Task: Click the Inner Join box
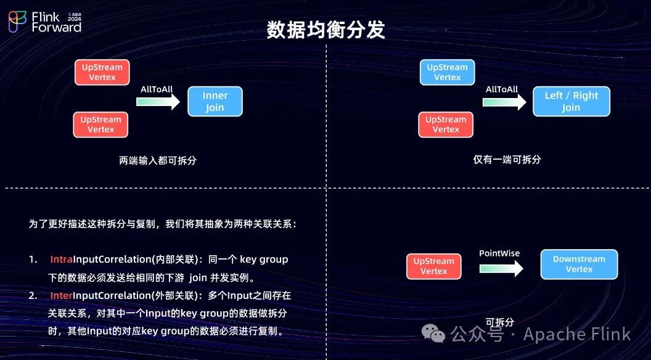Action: point(215,102)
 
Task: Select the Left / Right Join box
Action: point(571,102)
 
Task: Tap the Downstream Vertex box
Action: point(579,264)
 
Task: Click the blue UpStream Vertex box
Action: point(447,72)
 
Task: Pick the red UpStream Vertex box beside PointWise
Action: point(433,266)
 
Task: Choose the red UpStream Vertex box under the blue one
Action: point(446,125)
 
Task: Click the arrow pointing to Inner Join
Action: point(157,102)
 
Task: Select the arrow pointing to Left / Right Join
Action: point(502,102)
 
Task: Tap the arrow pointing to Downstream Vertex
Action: point(501,268)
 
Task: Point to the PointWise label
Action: point(499,253)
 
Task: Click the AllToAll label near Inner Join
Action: point(157,89)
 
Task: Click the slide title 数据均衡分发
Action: point(325,30)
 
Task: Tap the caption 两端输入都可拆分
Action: point(158,160)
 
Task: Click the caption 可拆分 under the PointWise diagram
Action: point(499,322)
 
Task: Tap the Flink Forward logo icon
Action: point(17,21)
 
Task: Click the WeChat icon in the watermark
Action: point(437,334)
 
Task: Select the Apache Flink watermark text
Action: point(577,334)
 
